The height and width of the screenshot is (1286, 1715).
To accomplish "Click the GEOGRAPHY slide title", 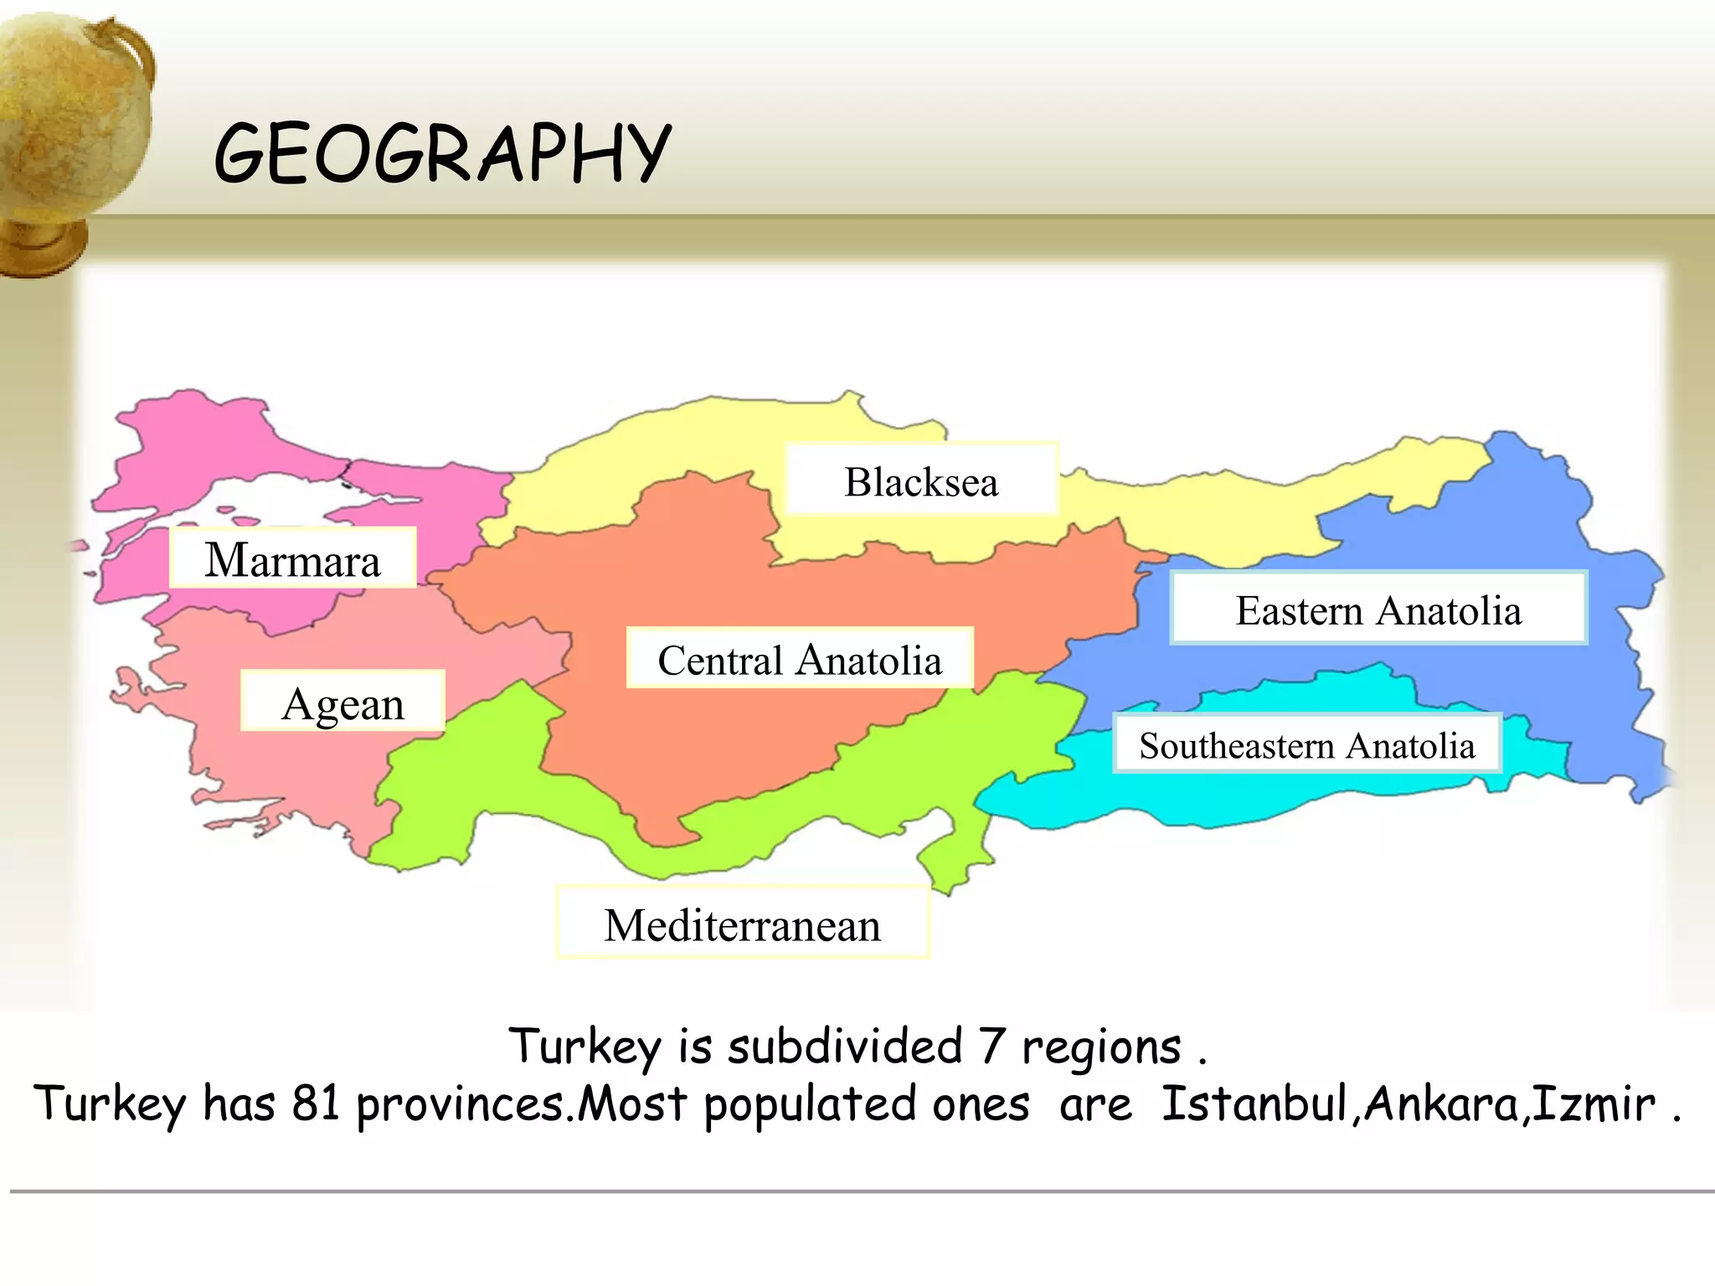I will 442,152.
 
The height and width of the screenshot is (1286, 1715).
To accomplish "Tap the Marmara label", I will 292,559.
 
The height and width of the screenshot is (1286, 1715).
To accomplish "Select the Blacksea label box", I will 921,481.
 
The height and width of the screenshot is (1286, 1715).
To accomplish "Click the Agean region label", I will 342,702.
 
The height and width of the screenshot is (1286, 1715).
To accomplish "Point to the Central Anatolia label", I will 800,659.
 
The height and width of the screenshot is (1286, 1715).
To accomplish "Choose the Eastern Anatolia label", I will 1378,609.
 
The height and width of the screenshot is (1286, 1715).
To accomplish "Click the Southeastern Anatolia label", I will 1306,744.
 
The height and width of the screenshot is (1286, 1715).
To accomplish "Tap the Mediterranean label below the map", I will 742,924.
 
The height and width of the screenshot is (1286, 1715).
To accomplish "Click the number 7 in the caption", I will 991,1047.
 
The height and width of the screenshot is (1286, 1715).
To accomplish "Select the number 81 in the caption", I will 316,1103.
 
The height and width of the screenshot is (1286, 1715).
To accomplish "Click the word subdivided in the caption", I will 846,1047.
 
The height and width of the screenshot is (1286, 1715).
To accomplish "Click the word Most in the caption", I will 632,1103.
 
